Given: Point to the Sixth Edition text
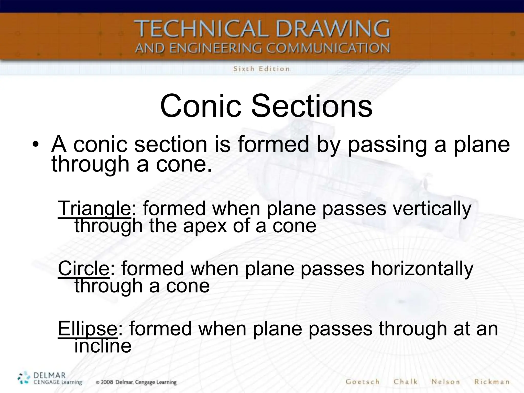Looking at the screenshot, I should pyautogui.click(x=261, y=69).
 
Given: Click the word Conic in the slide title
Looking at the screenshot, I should pyautogui.click(x=201, y=106).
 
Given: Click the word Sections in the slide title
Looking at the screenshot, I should pyautogui.click(x=311, y=106).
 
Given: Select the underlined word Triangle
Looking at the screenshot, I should pyautogui.click(x=94, y=209).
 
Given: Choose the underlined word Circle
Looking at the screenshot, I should pyautogui.click(x=84, y=268).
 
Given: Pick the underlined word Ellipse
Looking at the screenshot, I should pyautogui.click(x=88, y=329).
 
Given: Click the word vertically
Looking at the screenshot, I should pyautogui.click(x=432, y=209).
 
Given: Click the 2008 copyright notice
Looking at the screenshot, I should pyautogui.click(x=136, y=382).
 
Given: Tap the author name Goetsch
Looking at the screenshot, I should pyautogui.click(x=362, y=382).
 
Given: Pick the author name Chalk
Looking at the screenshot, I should pyautogui.click(x=406, y=382).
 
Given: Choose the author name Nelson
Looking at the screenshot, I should pyautogui.click(x=446, y=382).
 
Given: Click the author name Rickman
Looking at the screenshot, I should pyautogui.click(x=492, y=382).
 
